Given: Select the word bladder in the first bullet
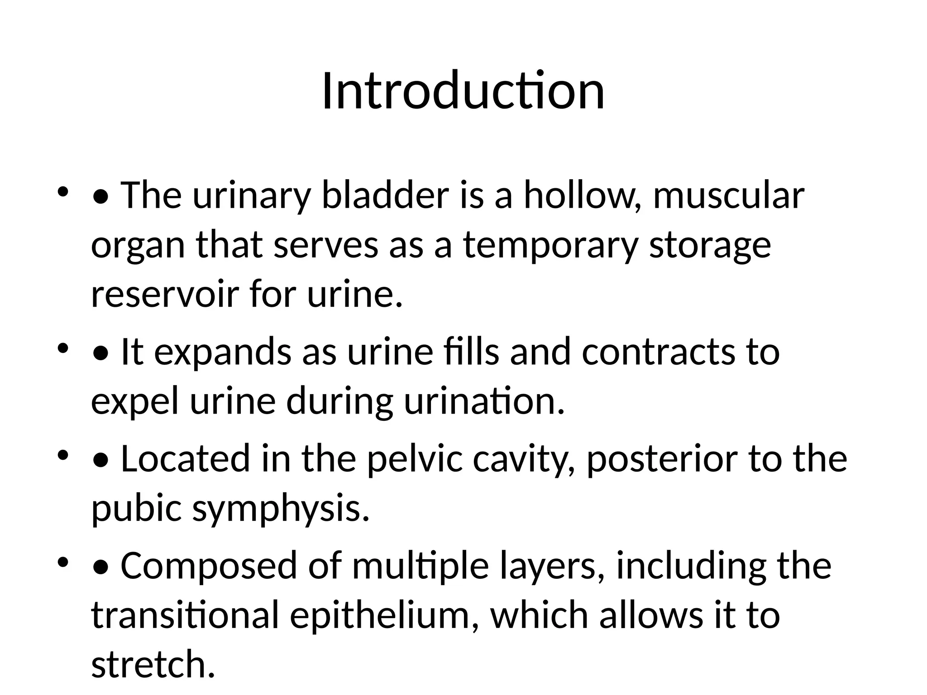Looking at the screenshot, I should click(x=385, y=195).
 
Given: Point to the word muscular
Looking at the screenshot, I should click(x=728, y=195).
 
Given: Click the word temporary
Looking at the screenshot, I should click(x=550, y=246).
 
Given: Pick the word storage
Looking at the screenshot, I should click(x=710, y=246).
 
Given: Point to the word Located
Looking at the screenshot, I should click(x=186, y=459).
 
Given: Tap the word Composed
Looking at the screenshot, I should click(x=209, y=566).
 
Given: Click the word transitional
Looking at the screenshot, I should click(x=185, y=615).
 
